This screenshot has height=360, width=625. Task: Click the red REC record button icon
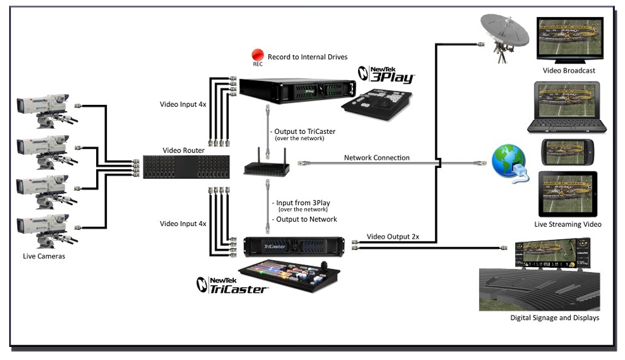tap(258, 55)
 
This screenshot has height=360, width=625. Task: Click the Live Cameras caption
tap(44, 256)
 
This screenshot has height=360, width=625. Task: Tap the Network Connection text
tap(376, 158)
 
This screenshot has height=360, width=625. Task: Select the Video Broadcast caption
tap(569, 71)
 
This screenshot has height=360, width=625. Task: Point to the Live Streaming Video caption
tap(568, 224)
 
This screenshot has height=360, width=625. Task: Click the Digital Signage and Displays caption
tap(554, 318)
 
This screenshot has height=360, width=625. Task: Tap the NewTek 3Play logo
tap(386, 75)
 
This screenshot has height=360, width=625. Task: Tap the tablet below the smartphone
tap(568, 194)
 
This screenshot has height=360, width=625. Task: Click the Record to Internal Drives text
tap(307, 57)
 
